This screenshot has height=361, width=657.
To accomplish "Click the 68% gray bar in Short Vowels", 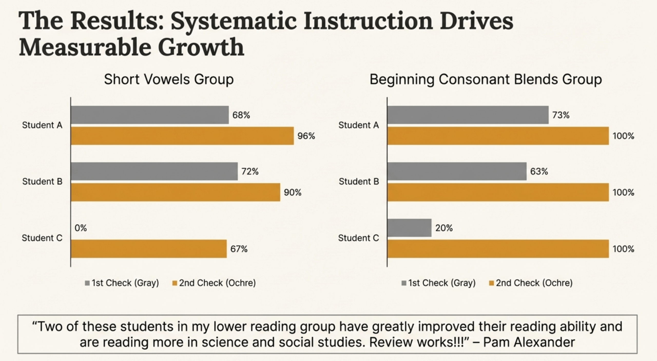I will pyautogui.click(x=150, y=115).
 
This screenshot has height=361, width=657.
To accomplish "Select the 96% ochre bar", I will pyautogui.click(x=182, y=136).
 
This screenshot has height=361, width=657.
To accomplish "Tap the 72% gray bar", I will pyautogui.click(x=154, y=171).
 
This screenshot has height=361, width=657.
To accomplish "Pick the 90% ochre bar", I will pyautogui.click(x=175, y=192).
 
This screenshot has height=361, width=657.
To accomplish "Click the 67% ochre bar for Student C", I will pyautogui.click(x=149, y=249).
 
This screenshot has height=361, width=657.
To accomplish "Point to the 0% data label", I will pyautogui.click(x=81, y=228).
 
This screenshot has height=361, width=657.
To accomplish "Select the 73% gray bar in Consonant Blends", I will pyautogui.click(x=468, y=115).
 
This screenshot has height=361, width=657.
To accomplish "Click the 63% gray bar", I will pyautogui.click(x=457, y=171).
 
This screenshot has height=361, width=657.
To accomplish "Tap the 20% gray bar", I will pyautogui.click(x=409, y=228).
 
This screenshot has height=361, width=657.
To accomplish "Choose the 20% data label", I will pyautogui.click(x=444, y=228).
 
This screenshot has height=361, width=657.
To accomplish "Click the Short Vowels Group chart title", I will pyautogui.click(x=169, y=79).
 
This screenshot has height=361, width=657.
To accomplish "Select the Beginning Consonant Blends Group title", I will pyautogui.click(x=486, y=79).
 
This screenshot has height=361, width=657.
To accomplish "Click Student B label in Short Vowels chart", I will pyautogui.click(x=42, y=182).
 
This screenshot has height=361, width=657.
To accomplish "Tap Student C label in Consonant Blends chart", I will pyautogui.click(x=358, y=238).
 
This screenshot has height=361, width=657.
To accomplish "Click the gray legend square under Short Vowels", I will pyautogui.click(x=87, y=283).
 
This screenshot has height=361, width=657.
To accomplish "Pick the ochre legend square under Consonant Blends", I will pyautogui.click(x=491, y=283).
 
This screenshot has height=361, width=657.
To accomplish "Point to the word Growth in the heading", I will pyautogui.click(x=201, y=47).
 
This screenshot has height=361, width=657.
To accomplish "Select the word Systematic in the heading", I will pyautogui.click(x=233, y=22).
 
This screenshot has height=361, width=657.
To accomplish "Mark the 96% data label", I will pyautogui.click(x=306, y=136).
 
